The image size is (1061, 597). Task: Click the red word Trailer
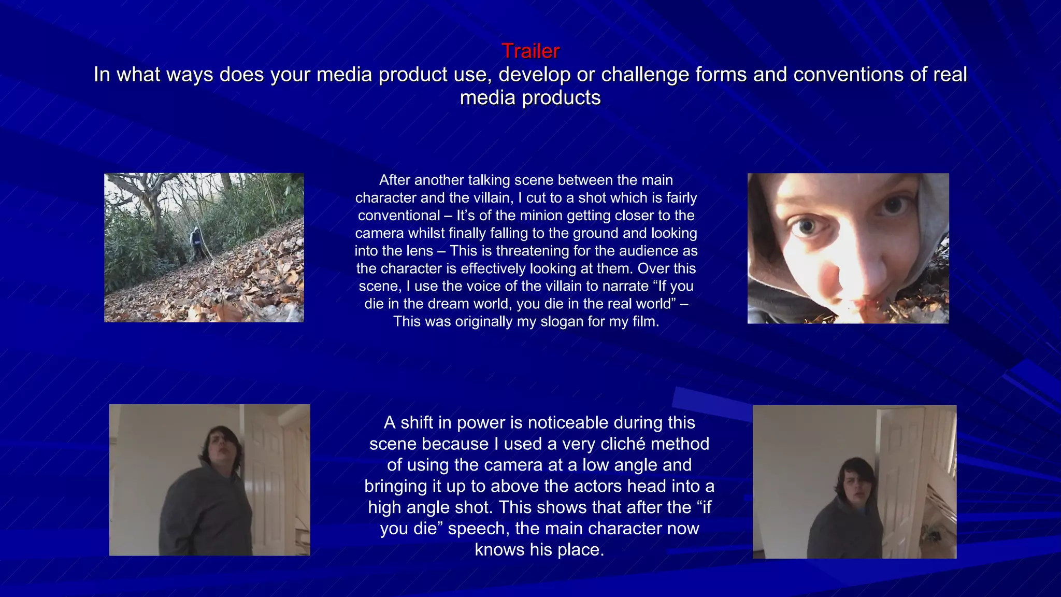[x=530, y=51]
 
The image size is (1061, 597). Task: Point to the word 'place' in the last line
[x=579, y=550]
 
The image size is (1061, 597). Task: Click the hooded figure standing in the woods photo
[x=196, y=243]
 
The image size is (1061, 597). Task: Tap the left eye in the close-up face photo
[x=806, y=226]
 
